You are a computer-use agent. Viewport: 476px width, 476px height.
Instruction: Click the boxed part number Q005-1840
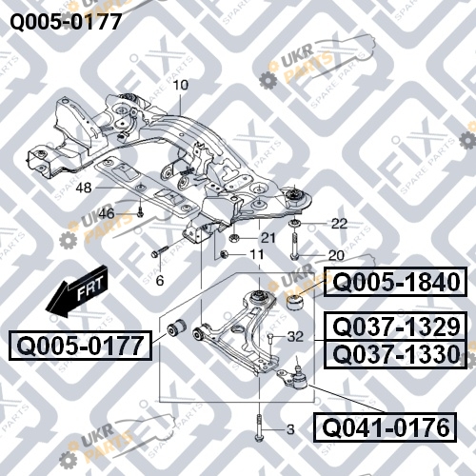coord(395,282)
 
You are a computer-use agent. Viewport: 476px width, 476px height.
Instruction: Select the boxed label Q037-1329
coord(395,327)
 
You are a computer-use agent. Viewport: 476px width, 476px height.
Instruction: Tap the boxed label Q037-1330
coord(395,354)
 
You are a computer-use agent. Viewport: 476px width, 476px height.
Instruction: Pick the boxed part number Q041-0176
coord(385,427)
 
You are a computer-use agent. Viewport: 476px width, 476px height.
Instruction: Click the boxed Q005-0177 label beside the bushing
coord(80,346)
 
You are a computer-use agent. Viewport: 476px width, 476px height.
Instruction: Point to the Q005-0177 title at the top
coord(66,22)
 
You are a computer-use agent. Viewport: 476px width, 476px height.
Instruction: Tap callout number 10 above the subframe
coord(181,85)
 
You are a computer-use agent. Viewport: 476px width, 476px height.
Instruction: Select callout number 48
coord(84,188)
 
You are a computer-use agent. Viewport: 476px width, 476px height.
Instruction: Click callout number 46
coord(107,213)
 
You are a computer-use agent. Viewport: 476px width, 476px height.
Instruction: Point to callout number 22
coord(339,224)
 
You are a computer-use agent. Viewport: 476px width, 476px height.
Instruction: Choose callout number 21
coord(268,238)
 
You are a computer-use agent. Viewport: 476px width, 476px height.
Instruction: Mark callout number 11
coord(257,254)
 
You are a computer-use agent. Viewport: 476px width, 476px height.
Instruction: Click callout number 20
coord(336,255)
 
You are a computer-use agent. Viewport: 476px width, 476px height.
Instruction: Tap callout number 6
coord(160,281)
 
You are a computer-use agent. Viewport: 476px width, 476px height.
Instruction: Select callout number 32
coord(295,337)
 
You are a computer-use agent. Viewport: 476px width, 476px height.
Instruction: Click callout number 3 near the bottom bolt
coord(290,429)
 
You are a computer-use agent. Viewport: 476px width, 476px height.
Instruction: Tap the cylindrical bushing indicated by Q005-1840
coord(295,303)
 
